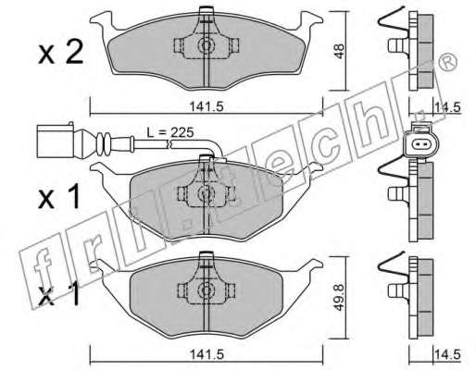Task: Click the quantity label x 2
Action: tap(61, 53)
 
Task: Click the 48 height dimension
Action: tap(339, 51)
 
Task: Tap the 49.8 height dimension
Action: tap(339, 298)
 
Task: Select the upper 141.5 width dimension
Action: tap(206, 107)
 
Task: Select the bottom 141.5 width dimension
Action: tap(206, 354)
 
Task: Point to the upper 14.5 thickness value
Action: tap(447, 107)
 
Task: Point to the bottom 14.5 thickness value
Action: tap(447, 354)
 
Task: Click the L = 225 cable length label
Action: tap(169, 132)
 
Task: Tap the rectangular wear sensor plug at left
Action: tap(56, 140)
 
